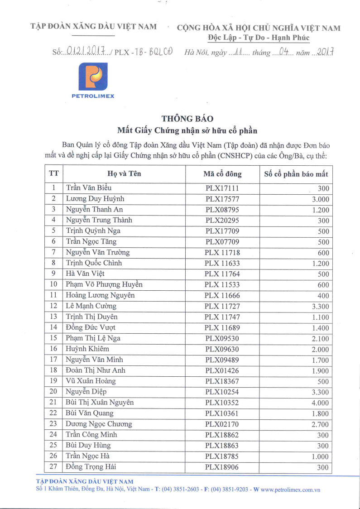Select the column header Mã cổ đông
pos(222,174)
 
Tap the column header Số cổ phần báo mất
pos(296,174)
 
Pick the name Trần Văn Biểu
pos(89,188)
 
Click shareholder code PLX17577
pos(222,199)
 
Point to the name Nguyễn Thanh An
pos(94,209)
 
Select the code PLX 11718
pos(222,252)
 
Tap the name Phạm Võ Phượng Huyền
pos(104,284)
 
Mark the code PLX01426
pos(222,370)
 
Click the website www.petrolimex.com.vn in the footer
pos(290,490)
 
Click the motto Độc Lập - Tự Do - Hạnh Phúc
pos(259,38)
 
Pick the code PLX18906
pos(222,467)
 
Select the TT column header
pos(53,174)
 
